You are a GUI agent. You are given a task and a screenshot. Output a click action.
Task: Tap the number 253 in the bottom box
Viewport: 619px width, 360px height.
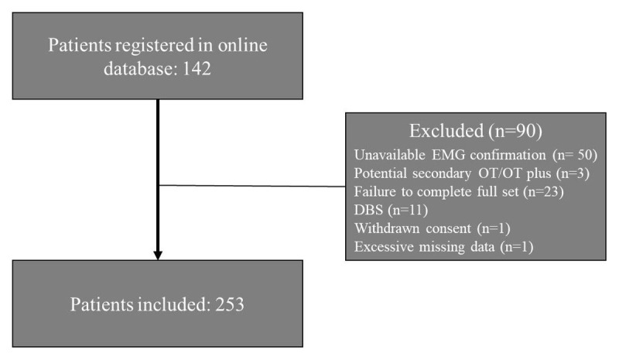(228, 304)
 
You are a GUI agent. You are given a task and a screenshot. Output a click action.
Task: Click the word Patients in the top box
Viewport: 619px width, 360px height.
(77, 45)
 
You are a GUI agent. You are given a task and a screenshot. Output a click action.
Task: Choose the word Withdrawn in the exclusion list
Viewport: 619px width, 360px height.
(387, 228)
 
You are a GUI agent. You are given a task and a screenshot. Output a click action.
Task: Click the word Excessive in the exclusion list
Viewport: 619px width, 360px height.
(385, 248)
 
